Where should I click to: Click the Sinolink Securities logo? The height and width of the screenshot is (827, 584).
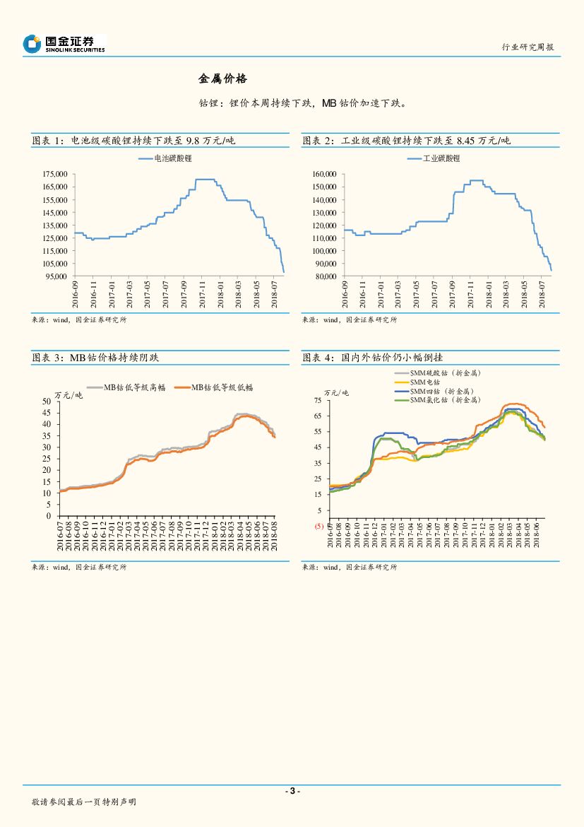coord(64,44)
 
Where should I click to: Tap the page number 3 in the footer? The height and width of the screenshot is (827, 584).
coord(292,791)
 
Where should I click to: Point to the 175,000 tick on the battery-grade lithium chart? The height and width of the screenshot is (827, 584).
coord(50,174)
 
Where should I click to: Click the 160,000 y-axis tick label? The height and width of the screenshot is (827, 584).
coord(322,174)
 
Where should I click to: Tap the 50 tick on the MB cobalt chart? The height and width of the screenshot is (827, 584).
coord(46,401)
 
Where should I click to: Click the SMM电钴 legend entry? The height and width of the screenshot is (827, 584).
coord(424,382)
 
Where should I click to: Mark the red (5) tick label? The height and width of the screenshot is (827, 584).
coord(318,526)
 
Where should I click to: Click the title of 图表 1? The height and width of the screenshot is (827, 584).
coord(133,141)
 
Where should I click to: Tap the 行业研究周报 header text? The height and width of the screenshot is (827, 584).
coord(528,47)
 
